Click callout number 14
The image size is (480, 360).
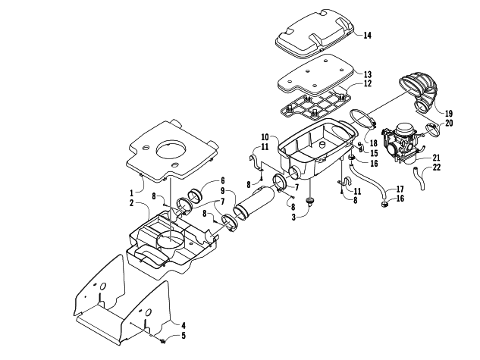(x=367, y=36)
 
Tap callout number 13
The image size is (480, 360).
(x=367, y=74)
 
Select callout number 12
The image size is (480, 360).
(x=367, y=83)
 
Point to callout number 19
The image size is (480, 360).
(x=448, y=114)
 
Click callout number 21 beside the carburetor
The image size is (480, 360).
(x=436, y=158)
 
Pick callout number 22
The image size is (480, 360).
(x=437, y=167)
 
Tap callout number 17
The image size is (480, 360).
(x=400, y=189)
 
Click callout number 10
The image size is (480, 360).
(x=265, y=137)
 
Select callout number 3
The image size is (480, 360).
(x=293, y=218)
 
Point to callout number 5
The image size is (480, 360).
(x=184, y=336)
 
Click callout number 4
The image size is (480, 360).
(x=183, y=325)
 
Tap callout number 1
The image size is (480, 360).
(x=131, y=193)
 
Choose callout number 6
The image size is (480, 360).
(x=222, y=181)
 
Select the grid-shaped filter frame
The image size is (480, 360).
(x=313, y=107)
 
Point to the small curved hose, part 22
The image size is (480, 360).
(x=419, y=178)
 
